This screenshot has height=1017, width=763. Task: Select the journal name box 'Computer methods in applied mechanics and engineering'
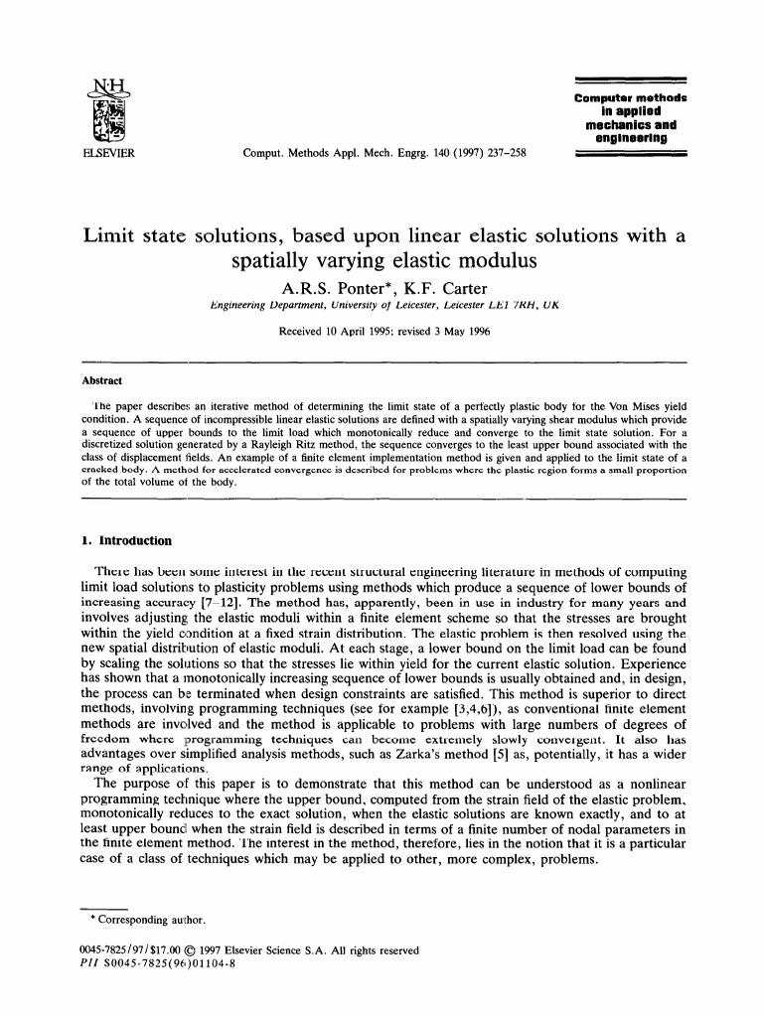coord(631,118)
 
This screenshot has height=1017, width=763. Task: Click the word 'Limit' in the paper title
coord(117,236)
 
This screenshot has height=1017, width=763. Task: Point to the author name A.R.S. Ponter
coord(319,287)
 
